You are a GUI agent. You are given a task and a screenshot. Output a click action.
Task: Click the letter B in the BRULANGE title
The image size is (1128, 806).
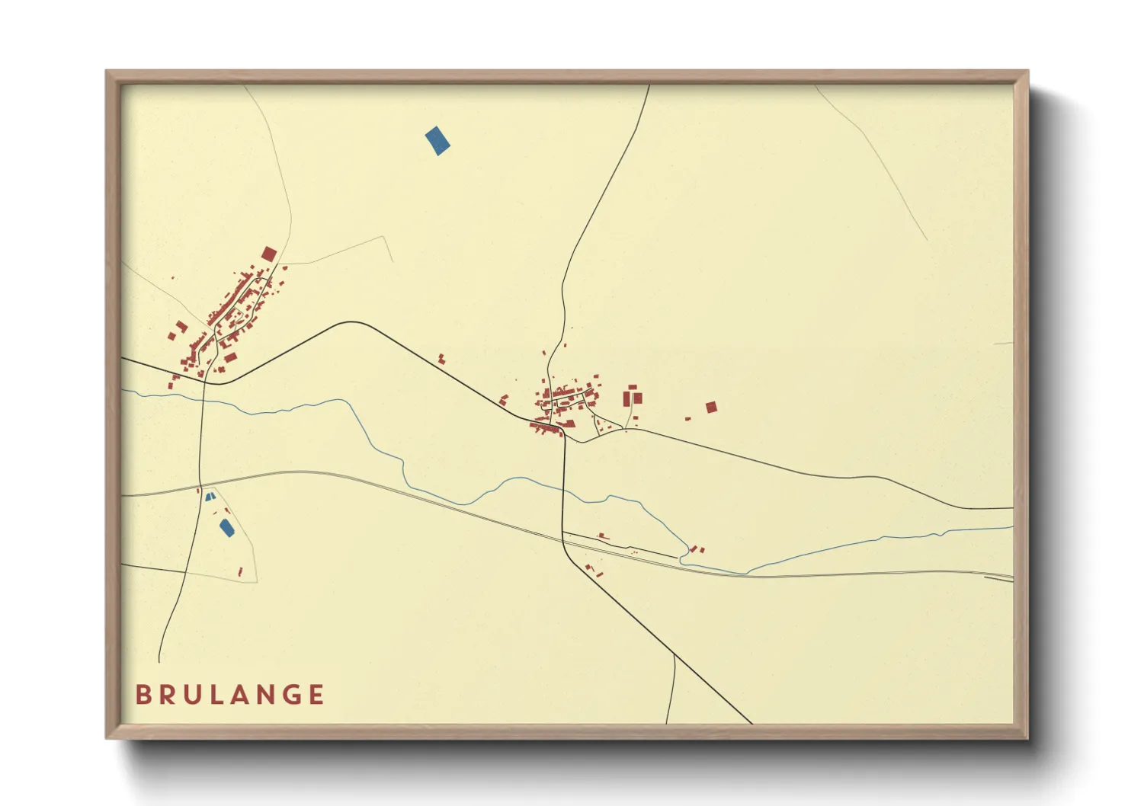[142, 695]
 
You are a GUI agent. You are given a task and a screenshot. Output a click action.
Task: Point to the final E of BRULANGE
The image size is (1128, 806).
[316, 695]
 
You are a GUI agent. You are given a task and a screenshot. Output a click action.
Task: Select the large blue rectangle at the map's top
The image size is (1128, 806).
[437, 141]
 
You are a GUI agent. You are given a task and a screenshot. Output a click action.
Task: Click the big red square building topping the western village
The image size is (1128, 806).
[269, 254]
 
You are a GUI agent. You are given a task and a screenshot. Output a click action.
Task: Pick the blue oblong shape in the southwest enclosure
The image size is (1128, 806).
[226, 528]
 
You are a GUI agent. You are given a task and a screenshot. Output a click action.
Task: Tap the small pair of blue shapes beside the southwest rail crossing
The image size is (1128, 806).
[210, 497]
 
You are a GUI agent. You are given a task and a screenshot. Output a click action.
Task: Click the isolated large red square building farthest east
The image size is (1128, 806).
[711, 407]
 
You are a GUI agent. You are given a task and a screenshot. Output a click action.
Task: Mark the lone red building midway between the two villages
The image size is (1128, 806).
[441, 357]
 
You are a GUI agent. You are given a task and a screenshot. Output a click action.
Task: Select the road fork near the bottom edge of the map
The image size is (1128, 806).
[675, 655]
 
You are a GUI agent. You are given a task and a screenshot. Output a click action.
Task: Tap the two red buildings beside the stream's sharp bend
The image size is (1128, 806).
[697, 549]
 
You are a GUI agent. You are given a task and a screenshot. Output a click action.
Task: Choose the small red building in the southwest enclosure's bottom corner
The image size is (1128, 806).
[240, 571]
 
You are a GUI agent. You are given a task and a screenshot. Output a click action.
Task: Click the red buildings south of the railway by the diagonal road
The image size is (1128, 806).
[593, 569]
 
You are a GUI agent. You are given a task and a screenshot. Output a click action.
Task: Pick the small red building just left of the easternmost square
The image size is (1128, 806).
[687, 418]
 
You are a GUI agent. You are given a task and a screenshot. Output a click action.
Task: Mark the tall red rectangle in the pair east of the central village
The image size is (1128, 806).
[626, 399]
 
